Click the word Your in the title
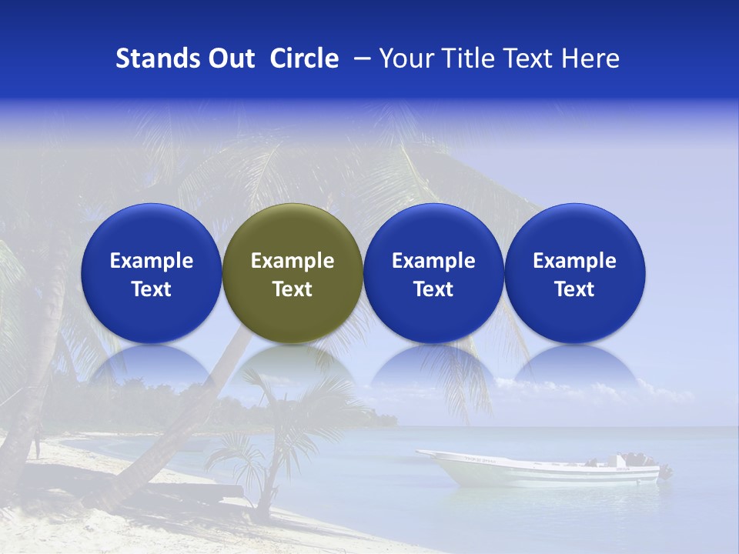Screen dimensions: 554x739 405,58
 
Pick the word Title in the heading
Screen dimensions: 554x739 464,58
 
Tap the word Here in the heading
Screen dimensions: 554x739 590,58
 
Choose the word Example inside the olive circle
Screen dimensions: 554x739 293,261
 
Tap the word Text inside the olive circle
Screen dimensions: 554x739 293,289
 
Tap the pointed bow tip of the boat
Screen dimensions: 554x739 420,453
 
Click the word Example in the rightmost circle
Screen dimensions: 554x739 574,261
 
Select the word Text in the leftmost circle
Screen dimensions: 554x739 152,289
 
